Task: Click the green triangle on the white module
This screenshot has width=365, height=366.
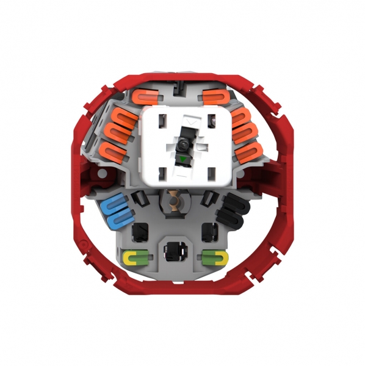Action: coord(182,160)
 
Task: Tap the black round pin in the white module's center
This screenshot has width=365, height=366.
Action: coord(182,145)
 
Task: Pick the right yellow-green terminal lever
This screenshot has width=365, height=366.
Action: coord(214,257)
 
